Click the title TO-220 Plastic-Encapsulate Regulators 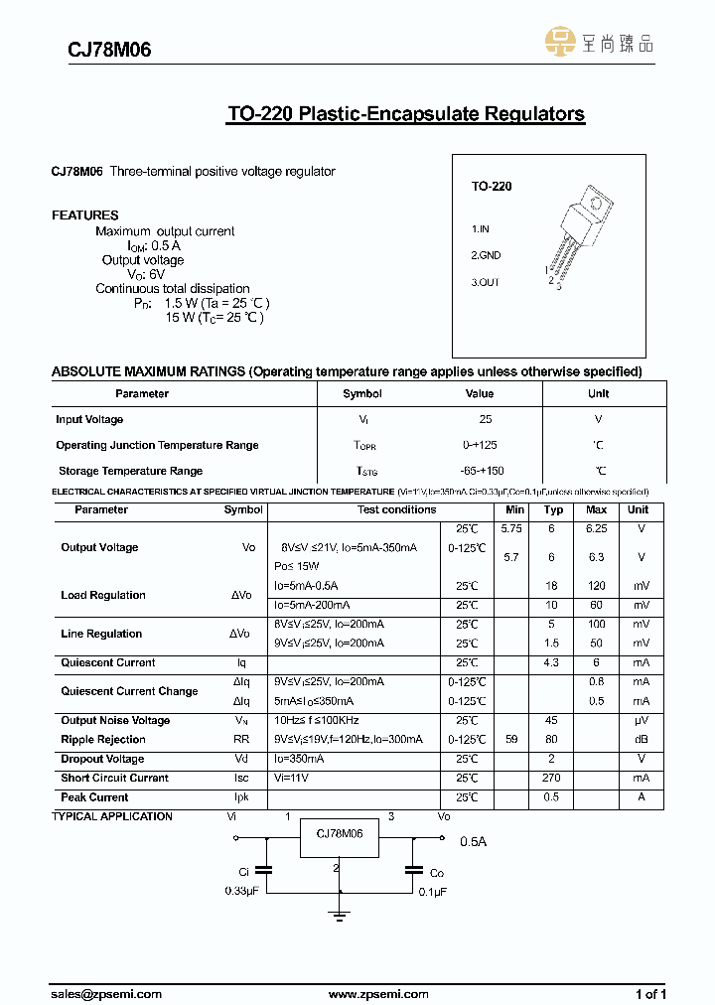tap(405, 114)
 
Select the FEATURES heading tap(84, 215)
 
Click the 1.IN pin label tap(481, 228)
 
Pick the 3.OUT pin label tap(485, 282)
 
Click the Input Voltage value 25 tap(486, 420)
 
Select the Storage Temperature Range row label tap(130, 471)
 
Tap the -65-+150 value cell tap(483, 471)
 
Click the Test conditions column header tap(396, 509)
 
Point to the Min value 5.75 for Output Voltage tap(511, 528)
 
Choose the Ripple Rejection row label tap(103, 739)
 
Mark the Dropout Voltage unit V tap(642, 759)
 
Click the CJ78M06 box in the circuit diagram tap(339, 835)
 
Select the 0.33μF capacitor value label tap(243, 892)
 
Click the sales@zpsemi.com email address tap(106, 993)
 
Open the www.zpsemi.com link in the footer tap(377, 993)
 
